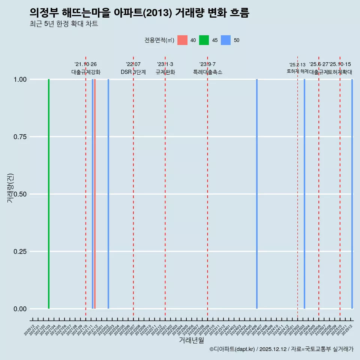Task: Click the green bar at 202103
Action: click(49, 194)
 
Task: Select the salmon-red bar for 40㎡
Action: click(95, 194)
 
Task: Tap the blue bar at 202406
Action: click(257, 194)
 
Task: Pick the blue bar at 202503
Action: click(304, 194)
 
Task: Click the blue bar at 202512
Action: click(352, 194)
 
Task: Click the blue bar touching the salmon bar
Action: click(93, 194)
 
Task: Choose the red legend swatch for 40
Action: click(182, 40)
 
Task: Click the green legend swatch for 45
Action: click(204, 40)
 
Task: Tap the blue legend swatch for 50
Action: click(226, 40)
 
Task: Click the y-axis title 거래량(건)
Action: click(10, 187)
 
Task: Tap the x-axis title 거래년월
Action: click(191, 340)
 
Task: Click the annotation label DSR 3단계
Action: click(133, 72)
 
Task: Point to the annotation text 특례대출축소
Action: click(207, 72)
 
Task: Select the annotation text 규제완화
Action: click(165, 72)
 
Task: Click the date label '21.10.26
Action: click(85, 64)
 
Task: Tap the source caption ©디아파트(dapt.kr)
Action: click(232, 349)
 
